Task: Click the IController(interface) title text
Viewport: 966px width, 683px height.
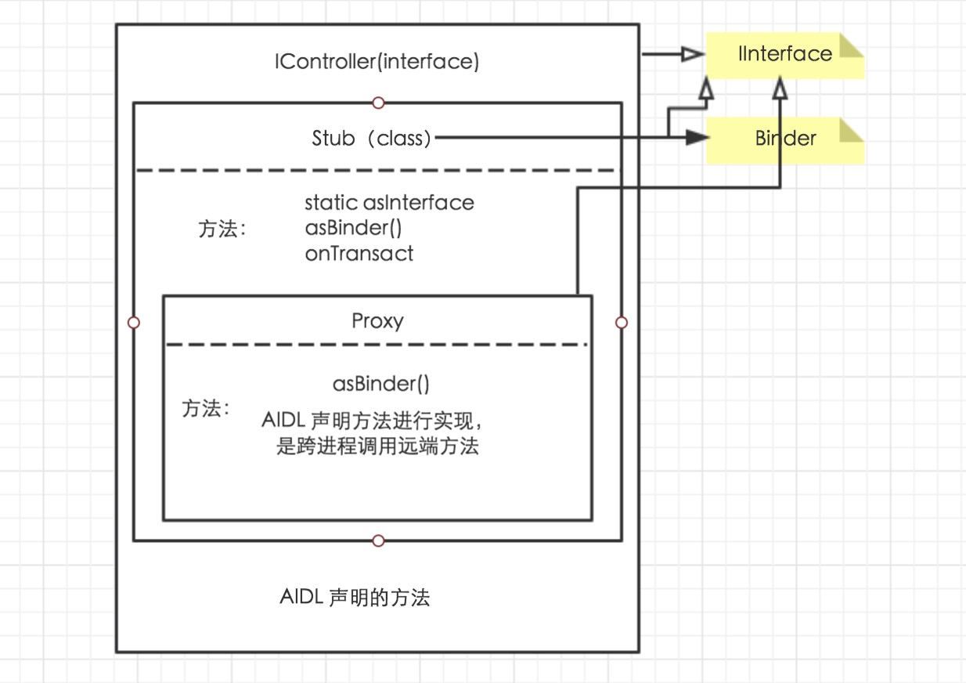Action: click(377, 62)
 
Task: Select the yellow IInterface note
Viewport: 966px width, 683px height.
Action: click(784, 55)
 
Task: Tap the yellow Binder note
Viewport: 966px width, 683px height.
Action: click(784, 139)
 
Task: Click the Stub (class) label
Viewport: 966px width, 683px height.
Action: click(371, 139)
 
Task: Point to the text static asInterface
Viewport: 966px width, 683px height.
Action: click(389, 203)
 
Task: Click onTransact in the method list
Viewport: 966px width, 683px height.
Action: click(359, 254)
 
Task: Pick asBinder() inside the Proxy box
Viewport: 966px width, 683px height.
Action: click(381, 384)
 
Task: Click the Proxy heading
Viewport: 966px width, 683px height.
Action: click(377, 321)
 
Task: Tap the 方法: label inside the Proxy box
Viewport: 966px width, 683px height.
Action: click(206, 409)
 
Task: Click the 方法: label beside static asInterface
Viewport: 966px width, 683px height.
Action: click(222, 229)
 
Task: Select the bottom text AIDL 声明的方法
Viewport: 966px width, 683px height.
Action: click(355, 598)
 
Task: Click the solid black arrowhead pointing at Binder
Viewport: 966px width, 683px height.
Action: click(697, 139)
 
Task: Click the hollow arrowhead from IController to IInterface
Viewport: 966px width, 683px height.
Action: click(692, 54)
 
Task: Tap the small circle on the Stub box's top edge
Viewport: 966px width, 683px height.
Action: click(378, 103)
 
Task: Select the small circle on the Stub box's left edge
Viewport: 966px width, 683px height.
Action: click(134, 322)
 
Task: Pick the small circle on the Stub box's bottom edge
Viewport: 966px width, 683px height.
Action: click(378, 540)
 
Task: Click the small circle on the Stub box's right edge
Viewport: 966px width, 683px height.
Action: click(622, 322)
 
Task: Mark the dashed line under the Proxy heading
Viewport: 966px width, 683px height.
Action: click(377, 345)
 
